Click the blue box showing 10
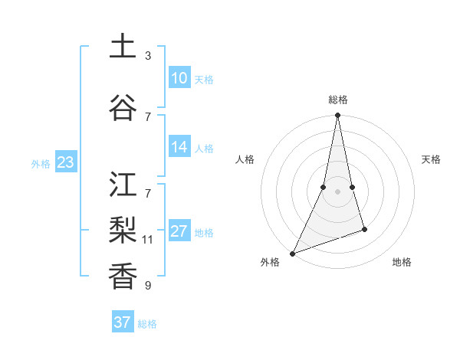[179, 78]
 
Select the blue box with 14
[179, 147]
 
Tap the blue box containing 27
[179, 231]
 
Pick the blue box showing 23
[65, 162]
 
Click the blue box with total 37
[123, 322]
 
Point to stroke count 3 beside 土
[148, 56]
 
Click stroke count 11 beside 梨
[148, 240]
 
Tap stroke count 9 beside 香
[148, 286]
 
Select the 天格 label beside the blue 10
[204, 80]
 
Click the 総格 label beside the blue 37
[147, 324]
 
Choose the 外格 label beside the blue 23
[41, 164]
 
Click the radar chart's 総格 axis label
[337, 100]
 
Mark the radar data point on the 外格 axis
[292, 253]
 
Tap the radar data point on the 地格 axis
[364, 229]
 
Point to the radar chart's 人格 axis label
[245, 159]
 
